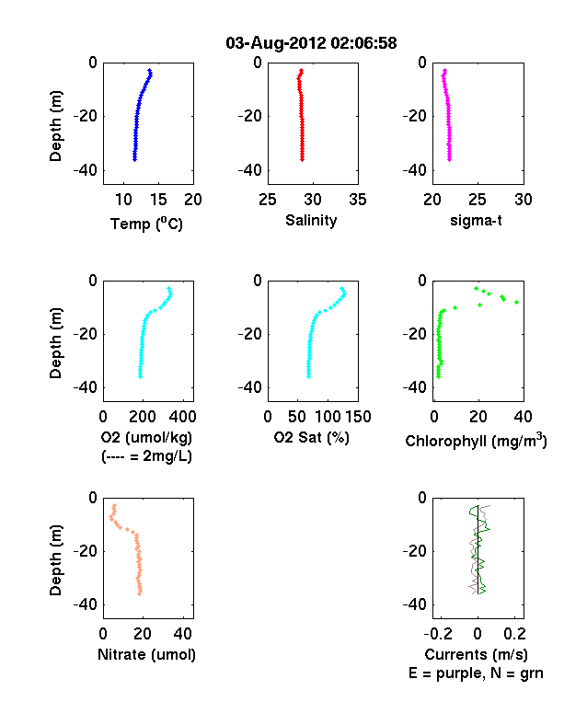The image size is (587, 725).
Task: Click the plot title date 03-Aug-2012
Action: (x=276, y=43)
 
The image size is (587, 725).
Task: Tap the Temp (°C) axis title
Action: (x=146, y=224)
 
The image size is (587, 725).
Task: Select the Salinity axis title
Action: (x=311, y=221)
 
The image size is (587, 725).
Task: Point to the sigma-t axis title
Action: (x=476, y=221)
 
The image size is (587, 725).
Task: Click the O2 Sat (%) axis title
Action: (x=312, y=437)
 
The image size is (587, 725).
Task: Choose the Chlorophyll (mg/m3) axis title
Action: (x=476, y=441)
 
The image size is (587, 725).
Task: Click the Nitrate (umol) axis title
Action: (x=146, y=655)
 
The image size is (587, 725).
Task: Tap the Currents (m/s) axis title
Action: (x=476, y=655)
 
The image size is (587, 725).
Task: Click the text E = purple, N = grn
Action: (x=476, y=673)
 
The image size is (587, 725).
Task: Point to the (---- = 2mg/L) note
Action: (x=146, y=456)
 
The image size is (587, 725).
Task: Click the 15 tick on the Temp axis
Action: (x=158, y=200)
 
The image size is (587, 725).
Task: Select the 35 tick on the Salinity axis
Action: (x=358, y=200)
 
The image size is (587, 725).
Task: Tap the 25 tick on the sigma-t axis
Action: (x=478, y=200)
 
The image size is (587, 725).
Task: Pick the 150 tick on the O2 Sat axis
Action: (x=358, y=417)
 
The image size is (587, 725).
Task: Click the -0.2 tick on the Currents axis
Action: (x=438, y=634)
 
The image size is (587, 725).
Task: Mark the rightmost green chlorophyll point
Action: (x=517, y=303)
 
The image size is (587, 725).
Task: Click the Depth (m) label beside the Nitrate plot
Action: (x=55, y=560)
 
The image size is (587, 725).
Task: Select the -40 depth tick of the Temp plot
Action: (x=86, y=170)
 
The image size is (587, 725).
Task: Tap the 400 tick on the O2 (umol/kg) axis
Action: (x=182, y=417)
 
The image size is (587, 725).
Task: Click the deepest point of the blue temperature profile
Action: (x=134, y=159)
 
